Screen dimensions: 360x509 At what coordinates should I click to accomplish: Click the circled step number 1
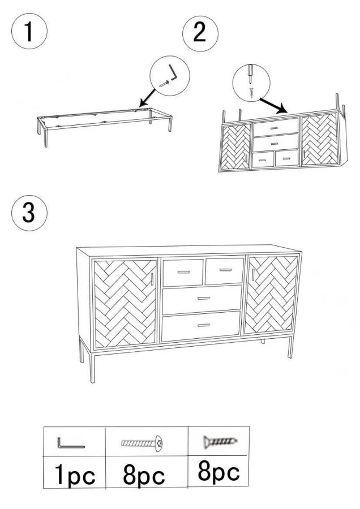(29, 31)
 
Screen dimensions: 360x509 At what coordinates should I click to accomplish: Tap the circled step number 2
(200, 33)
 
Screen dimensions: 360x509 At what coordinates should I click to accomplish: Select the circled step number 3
(29, 213)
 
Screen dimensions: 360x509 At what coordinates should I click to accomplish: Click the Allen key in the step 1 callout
(173, 74)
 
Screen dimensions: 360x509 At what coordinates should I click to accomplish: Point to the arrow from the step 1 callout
(148, 97)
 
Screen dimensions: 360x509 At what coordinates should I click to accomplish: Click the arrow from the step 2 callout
(273, 106)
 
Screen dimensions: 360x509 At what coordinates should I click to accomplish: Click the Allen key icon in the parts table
(71, 443)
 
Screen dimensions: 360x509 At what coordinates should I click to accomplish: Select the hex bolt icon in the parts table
(142, 443)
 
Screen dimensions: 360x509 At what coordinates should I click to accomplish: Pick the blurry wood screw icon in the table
(220, 441)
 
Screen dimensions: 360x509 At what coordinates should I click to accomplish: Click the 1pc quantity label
(75, 475)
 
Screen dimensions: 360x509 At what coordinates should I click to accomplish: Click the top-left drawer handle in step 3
(183, 272)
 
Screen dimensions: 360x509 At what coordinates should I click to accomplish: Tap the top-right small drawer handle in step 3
(225, 270)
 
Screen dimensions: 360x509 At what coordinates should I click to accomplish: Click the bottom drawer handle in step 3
(203, 325)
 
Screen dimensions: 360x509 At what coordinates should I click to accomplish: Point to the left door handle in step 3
(152, 279)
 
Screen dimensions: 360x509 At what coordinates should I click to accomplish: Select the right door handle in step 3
(253, 274)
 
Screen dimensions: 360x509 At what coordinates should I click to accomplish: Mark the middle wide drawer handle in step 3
(204, 298)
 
